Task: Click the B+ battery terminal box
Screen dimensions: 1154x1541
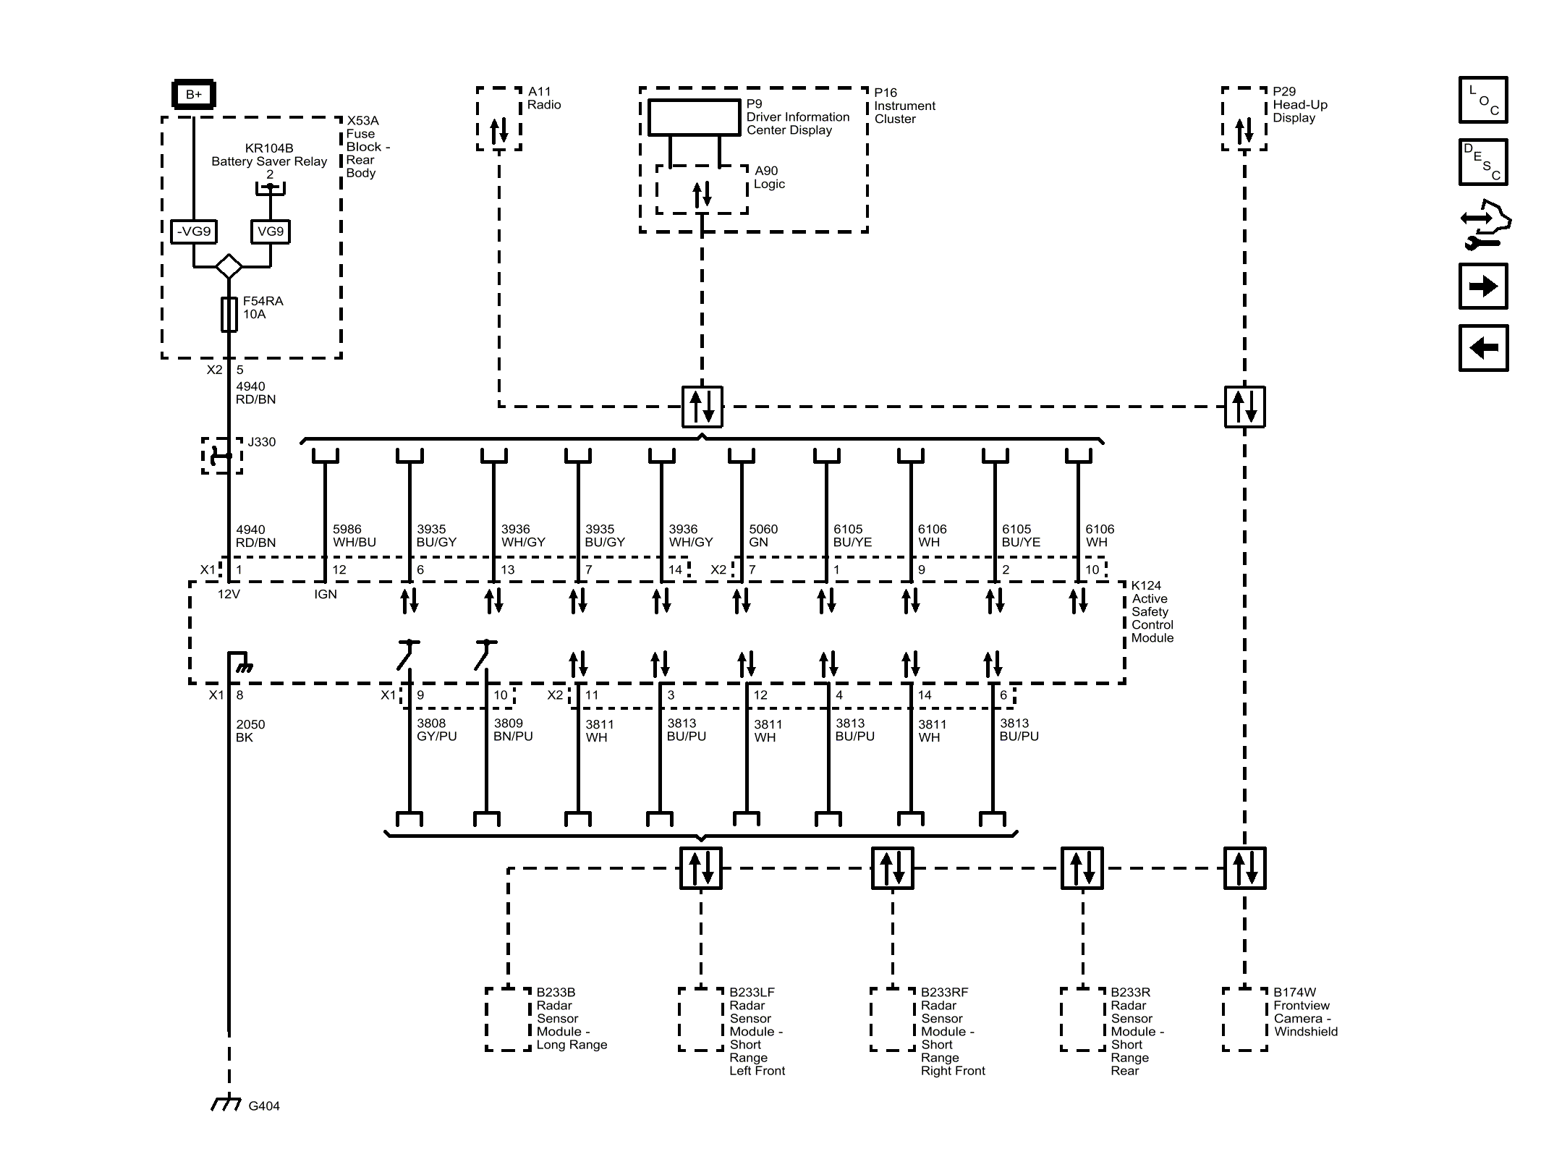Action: click(x=193, y=94)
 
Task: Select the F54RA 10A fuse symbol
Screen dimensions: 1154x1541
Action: click(x=229, y=314)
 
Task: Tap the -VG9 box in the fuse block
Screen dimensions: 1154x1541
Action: click(x=193, y=232)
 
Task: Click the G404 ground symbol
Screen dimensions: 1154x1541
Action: click(x=226, y=1103)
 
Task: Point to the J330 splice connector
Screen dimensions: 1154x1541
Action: click(x=221, y=455)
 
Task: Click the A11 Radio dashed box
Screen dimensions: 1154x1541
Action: click(x=499, y=119)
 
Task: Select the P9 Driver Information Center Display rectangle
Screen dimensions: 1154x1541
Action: click(x=694, y=117)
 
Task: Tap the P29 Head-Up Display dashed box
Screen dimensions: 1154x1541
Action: click(x=1244, y=119)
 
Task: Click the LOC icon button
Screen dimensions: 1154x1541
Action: click(x=1483, y=100)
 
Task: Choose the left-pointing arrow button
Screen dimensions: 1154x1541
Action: click(x=1483, y=348)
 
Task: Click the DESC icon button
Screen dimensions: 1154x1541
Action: click(x=1483, y=162)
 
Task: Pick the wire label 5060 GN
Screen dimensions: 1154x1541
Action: click(x=763, y=536)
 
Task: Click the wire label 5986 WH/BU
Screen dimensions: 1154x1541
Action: click(x=354, y=536)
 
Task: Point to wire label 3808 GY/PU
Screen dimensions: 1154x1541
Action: click(x=436, y=730)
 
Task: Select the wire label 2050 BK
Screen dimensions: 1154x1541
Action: click(x=250, y=731)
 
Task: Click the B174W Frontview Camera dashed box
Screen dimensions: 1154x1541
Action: click(x=1244, y=1019)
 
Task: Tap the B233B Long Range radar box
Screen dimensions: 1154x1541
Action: click(x=509, y=1019)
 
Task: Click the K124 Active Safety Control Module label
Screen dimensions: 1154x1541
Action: click(x=1152, y=611)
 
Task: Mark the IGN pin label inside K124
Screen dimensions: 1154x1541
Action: click(x=325, y=594)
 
